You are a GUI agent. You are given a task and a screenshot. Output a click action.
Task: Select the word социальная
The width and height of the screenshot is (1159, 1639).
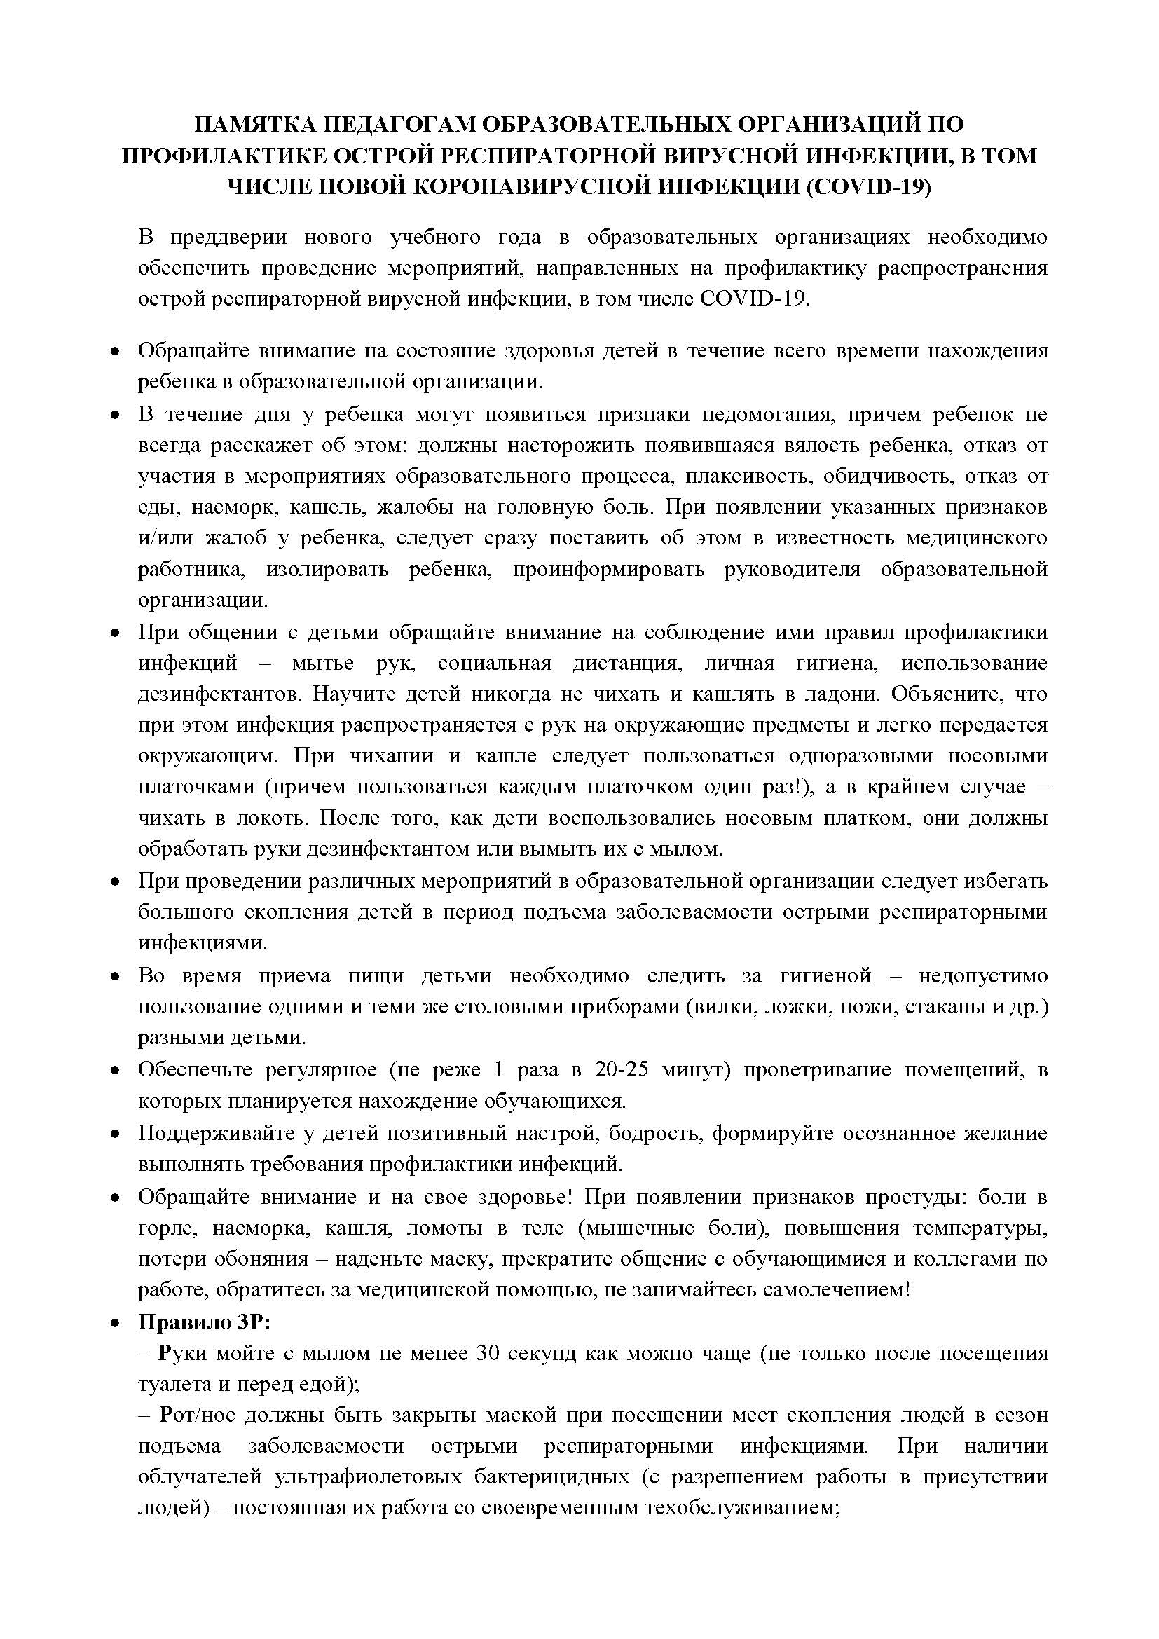[x=495, y=663]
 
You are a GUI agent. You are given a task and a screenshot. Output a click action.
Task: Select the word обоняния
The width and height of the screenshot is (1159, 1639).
[x=260, y=1258]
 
